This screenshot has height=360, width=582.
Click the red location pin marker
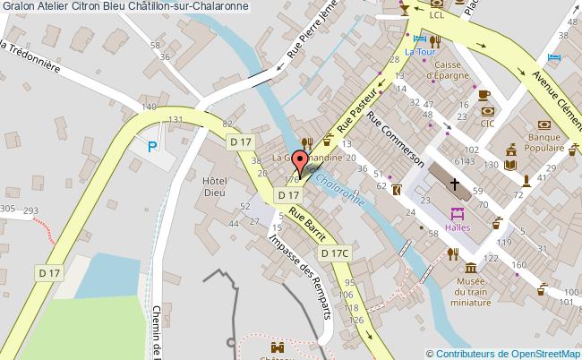pos(298,162)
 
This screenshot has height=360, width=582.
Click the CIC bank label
pos(488,124)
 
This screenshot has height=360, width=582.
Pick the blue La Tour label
pos(417,51)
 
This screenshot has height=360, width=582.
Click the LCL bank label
pos(437,14)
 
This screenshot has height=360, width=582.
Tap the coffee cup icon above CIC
pos(484,94)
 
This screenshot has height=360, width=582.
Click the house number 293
pos(31,211)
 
